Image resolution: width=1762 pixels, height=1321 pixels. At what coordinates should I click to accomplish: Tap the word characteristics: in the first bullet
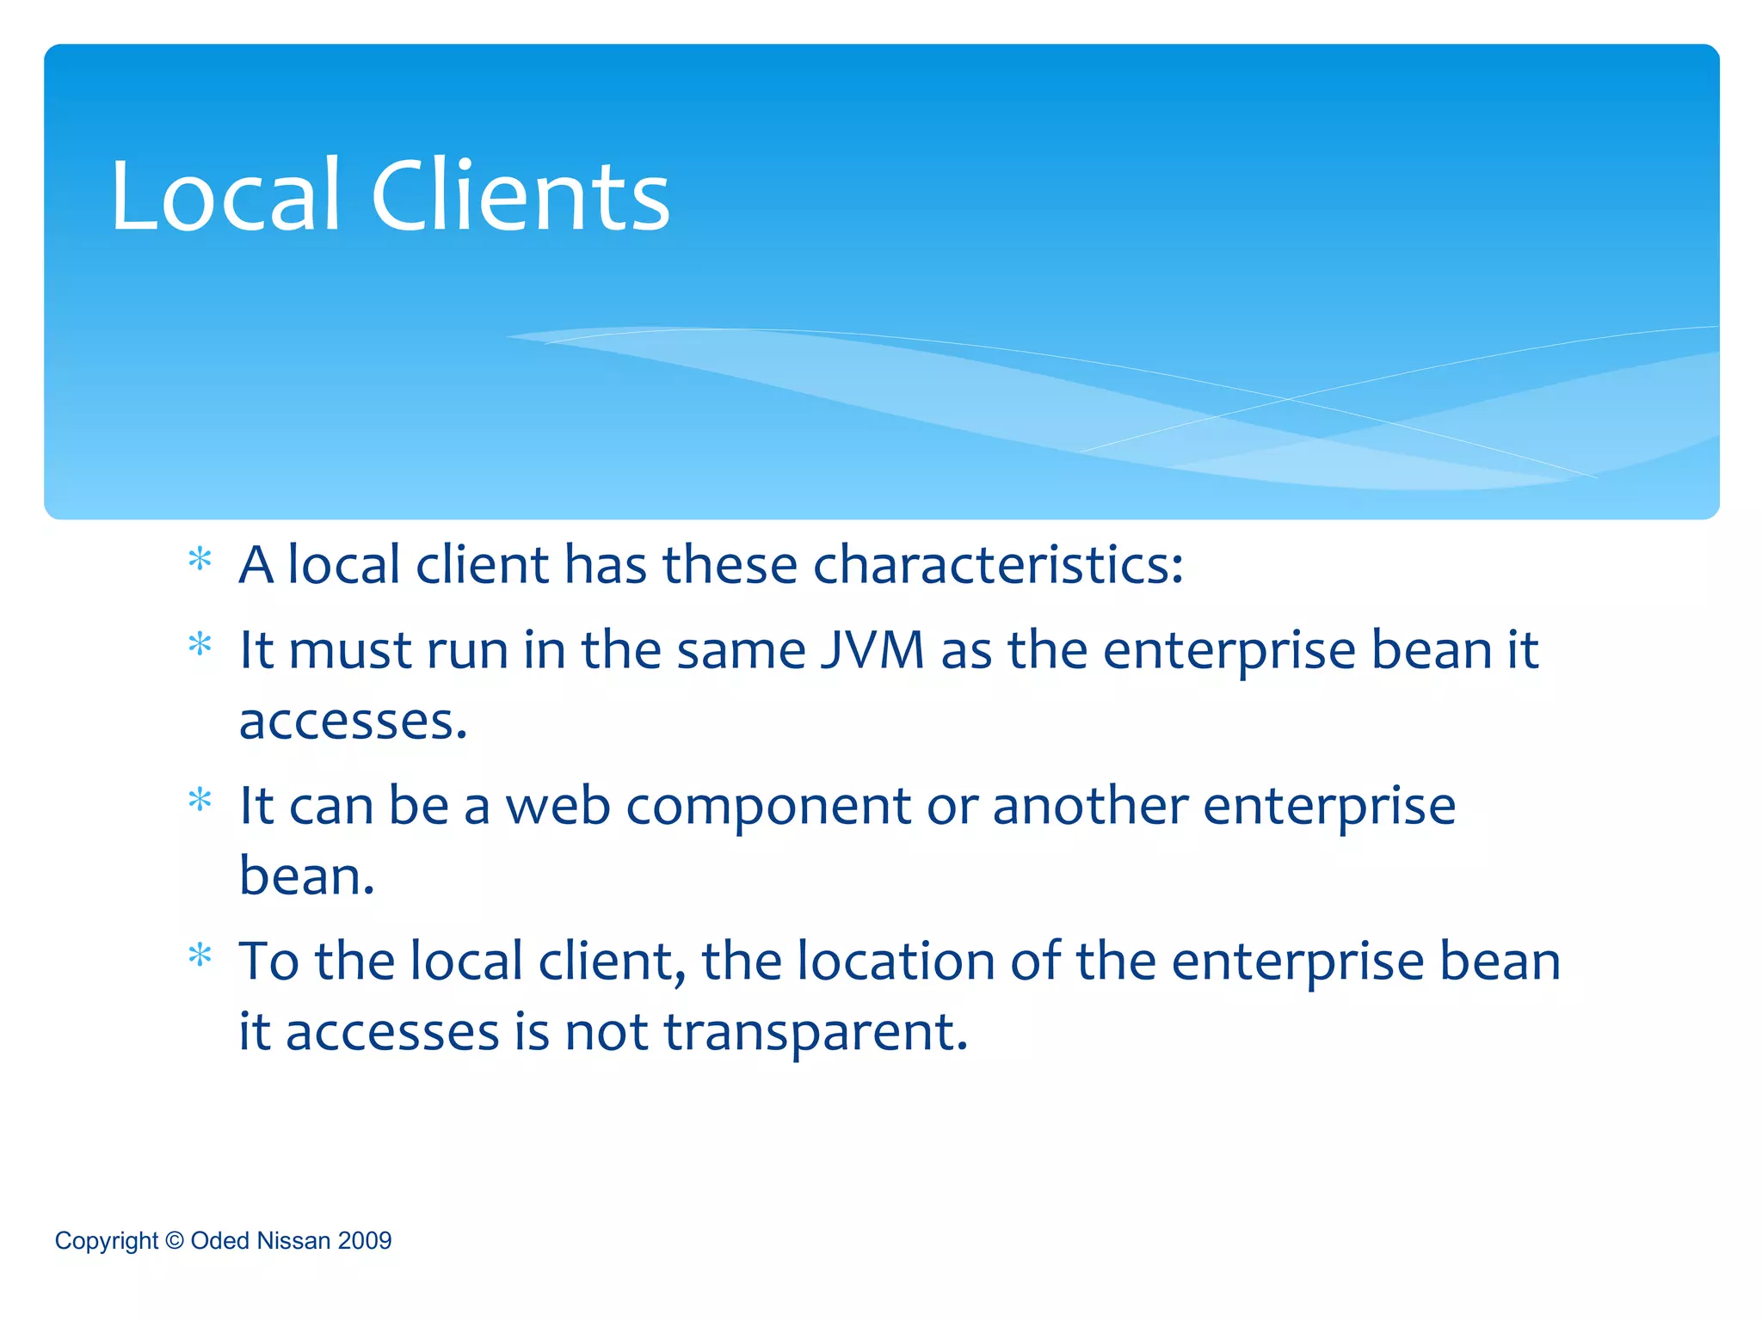998,565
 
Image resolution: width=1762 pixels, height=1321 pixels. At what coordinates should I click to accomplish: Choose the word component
768,808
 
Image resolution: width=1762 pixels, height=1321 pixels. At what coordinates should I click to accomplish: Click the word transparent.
816,1032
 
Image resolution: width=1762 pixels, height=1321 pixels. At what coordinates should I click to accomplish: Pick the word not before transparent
606,1032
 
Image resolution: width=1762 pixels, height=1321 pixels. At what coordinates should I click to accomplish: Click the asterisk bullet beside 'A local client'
200,561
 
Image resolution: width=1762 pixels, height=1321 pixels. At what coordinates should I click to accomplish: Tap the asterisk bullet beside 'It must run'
200,645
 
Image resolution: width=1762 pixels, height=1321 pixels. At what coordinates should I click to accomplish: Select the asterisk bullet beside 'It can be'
200,801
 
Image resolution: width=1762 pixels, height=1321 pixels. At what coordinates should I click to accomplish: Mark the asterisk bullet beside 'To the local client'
200,955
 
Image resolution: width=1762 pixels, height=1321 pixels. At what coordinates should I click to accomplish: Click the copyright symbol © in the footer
175,1240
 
